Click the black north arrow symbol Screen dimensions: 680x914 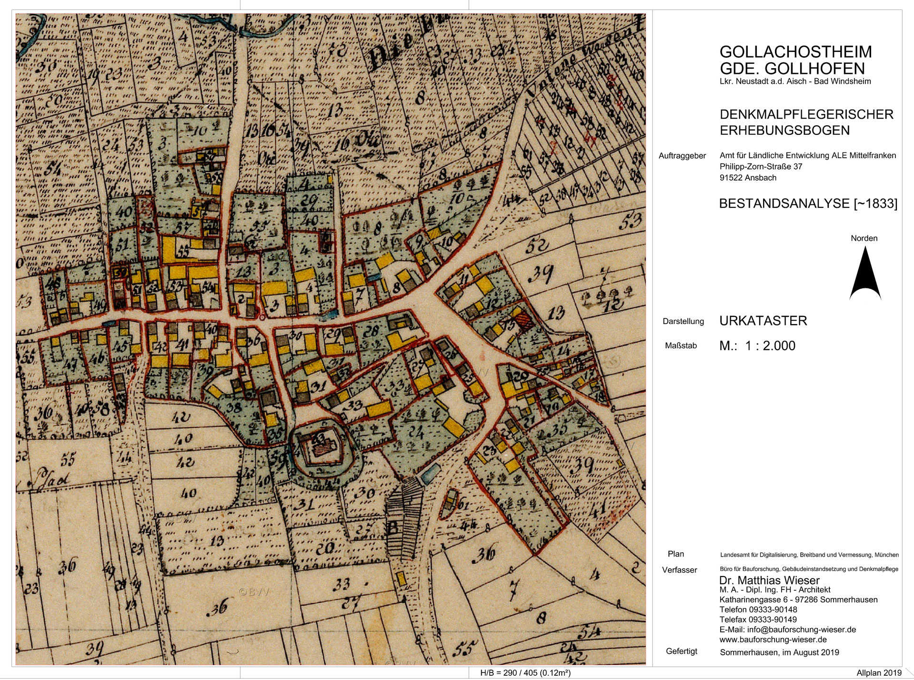click(x=865, y=278)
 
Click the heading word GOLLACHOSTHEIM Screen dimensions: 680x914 click(x=795, y=51)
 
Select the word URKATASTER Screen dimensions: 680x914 click(x=763, y=321)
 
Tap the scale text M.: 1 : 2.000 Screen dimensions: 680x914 click(x=757, y=346)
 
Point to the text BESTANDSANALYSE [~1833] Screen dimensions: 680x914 click(x=808, y=204)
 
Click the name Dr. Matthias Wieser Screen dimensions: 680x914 click(x=769, y=580)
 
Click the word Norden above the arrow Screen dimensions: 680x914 click(x=864, y=238)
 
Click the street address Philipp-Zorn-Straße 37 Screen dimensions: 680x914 click(x=761, y=166)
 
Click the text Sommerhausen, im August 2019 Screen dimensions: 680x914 click(x=779, y=652)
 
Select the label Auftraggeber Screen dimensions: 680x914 click(x=682, y=156)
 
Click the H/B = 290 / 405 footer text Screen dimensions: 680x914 click(x=525, y=673)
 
